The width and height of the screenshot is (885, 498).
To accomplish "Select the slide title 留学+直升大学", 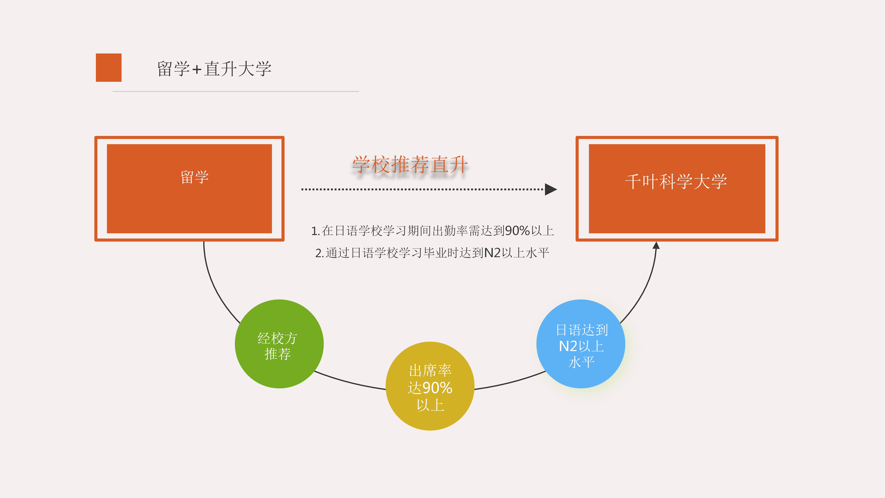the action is [214, 69].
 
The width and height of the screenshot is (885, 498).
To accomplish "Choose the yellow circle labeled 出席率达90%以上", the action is [430, 386].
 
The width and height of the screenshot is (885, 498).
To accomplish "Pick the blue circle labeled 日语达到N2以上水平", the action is [581, 344].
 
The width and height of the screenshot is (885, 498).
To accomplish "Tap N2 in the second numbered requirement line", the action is [492, 253].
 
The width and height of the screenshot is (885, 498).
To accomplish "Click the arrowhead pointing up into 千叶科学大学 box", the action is [656, 245].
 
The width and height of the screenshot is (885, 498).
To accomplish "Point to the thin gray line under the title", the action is [236, 91].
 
